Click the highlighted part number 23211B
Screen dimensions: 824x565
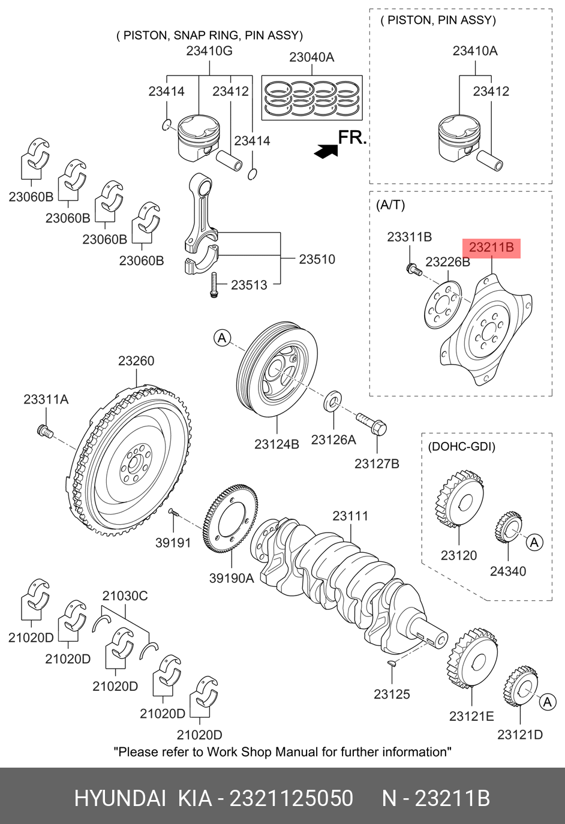tap(491, 247)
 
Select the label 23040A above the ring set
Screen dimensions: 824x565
tap(311, 58)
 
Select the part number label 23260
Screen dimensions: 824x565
tap(136, 361)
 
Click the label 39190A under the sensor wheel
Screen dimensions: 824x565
tap(231, 578)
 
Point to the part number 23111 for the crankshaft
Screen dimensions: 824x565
tap(350, 516)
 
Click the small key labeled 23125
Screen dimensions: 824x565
tap(390, 663)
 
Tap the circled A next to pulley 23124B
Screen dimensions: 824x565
tap(222, 338)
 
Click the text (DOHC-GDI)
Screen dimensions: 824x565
tap(461, 447)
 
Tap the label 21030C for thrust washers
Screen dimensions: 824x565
tap(125, 596)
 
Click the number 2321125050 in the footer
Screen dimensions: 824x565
tap(291, 799)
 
